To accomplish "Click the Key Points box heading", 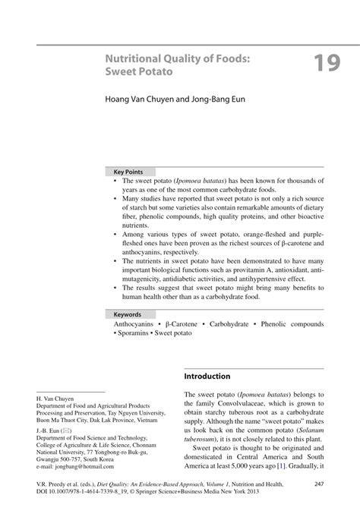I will point(128,172).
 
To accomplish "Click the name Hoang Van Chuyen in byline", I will point(136,99).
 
